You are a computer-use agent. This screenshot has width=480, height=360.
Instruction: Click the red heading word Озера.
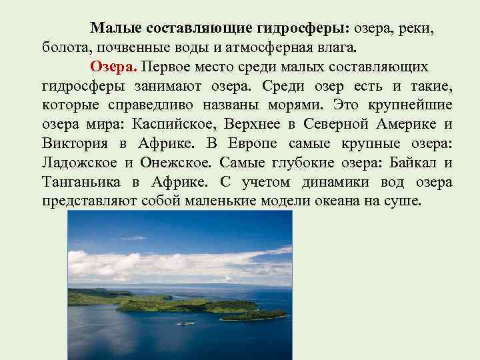pyautogui.click(x=113, y=67)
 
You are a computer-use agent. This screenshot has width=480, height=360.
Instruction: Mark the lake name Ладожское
pyautogui.click(x=79, y=163)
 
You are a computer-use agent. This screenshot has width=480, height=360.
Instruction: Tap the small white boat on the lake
pyautogui.click(x=185, y=323)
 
